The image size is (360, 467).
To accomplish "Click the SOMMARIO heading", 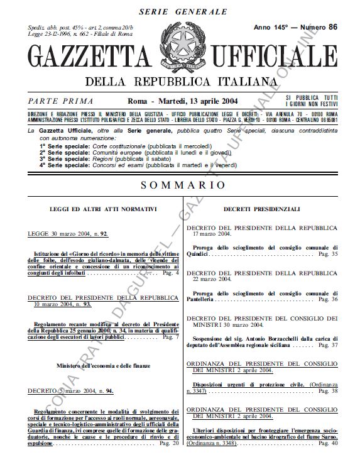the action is click(x=183, y=185).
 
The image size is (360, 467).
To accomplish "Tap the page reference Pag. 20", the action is click(x=170, y=444).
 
